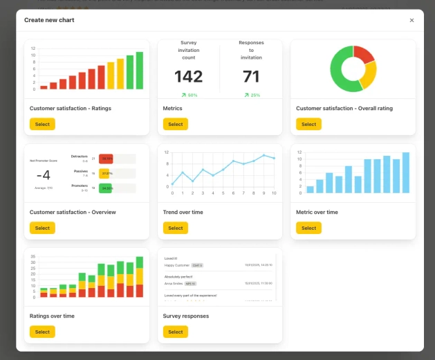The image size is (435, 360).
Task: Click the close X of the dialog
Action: coord(411,20)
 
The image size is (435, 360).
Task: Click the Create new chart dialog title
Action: coord(49,20)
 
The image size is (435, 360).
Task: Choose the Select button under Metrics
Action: coord(176,124)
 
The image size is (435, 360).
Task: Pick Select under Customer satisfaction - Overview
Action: coord(42,228)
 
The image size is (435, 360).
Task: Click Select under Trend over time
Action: coord(176,228)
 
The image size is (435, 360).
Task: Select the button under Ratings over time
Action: coord(42,332)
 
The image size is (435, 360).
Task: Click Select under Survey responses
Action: coord(176,332)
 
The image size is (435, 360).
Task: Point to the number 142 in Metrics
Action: coord(188,76)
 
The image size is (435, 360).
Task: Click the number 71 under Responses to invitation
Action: coord(251,76)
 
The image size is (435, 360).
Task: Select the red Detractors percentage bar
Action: coord(106,159)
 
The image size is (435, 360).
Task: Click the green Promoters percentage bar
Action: coord(106,188)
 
